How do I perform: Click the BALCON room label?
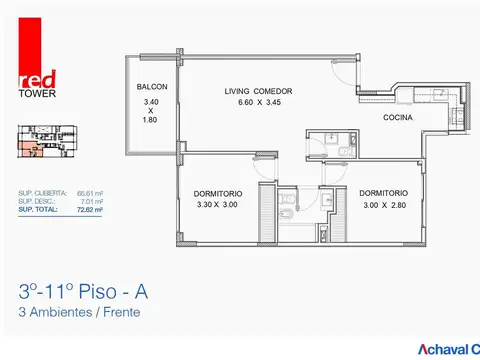pyautogui.click(x=152, y=87)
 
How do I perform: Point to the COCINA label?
pyautogui.click(x=397, y=118)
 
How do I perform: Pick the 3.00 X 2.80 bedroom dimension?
pyautogui.click(x=383, y=205)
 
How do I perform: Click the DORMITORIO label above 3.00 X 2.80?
pyautogui.click(x=383, y=193)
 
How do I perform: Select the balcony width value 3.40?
pyautogui.click(x=152, y=101)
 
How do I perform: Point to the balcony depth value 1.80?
pyautogui.click(x=152, y=122)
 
